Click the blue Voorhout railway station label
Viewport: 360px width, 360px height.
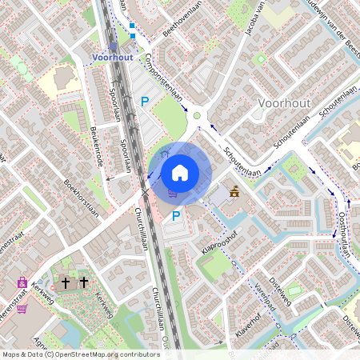[112, 58]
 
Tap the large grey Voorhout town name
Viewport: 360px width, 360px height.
[285, 104]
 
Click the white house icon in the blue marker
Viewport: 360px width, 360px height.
[180, 172]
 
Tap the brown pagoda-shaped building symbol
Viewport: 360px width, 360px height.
[235, 191]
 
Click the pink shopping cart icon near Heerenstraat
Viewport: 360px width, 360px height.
[22, 308]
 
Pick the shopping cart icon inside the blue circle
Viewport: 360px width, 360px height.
[171, 193]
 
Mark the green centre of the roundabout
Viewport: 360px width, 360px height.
[197, 116]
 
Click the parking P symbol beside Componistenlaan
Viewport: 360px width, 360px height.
[145, 102]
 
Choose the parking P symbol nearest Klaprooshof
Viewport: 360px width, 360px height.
[176, 215]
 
